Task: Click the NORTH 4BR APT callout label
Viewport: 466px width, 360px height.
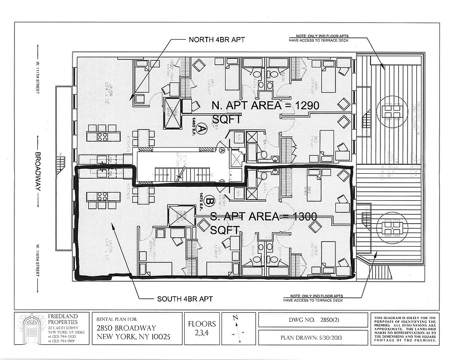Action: click(217, 40)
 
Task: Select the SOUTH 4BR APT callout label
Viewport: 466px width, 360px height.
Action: click(185, 299)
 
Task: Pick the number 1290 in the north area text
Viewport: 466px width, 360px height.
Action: click(304, 106)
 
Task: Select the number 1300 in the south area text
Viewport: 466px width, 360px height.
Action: click(301, 217)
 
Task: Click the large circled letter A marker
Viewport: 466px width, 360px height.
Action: click(202, 130)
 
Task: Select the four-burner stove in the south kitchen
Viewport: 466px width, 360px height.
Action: click(102, 196)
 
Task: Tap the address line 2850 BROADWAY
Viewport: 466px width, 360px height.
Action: click(127, 328)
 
